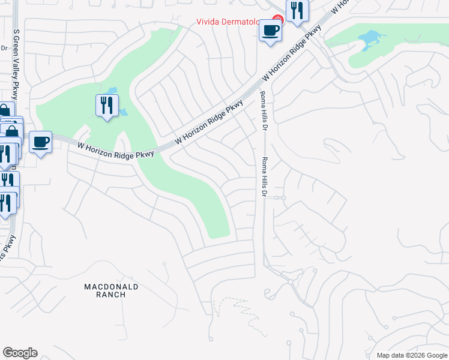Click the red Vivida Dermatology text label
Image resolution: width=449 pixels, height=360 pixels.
pyautogui.click(x=231, y=22)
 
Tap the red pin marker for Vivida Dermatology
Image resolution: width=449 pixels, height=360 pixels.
pyautogui.click(x=277, y=20)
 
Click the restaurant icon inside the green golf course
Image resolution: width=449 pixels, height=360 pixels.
pyautogui.click(x=107, y=105)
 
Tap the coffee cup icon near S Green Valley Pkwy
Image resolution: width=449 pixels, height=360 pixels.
pyautogui.click(x=40, y=142)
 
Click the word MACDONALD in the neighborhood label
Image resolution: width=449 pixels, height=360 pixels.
pyautogui.click(x=112, y=287)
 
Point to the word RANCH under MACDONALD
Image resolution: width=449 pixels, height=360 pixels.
pyautogui.click(x=112, y=295)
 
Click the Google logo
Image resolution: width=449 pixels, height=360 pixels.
pyautogui.click(x=20, y=353)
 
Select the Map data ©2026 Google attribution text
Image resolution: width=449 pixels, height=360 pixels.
pyautogui.click(x=411, y=355)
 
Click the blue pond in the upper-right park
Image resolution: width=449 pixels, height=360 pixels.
pyautogui.click(x=369, y=40)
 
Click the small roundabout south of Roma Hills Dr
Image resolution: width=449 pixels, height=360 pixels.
pyautogui.click(x=291, y=281)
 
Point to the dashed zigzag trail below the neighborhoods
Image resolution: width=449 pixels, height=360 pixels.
pyautogui.click(x=243, y=312)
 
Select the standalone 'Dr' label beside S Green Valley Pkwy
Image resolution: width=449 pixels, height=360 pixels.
pyautogui.click(x=3, y=48)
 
